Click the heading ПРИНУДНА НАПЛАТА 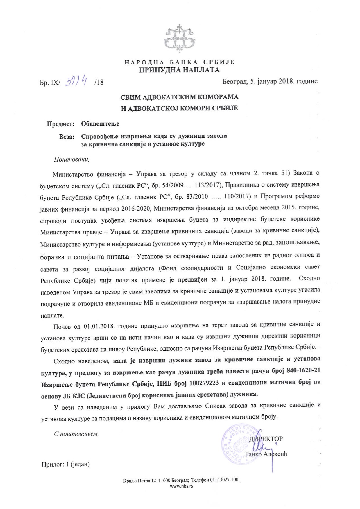click(x=179, y=70)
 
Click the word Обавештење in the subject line click(x=100, y=124)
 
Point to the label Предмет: click(x=60, y=124)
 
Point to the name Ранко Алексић click(x=266, y=454)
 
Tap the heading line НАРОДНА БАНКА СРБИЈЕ click(x=179, y=62)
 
